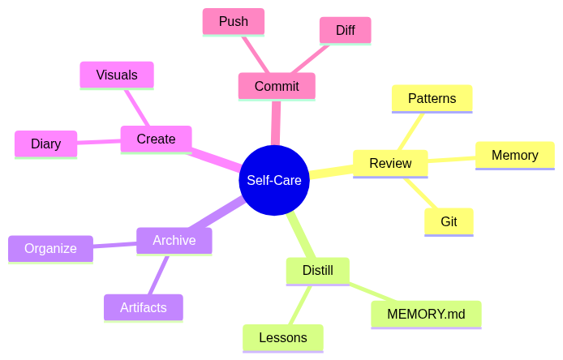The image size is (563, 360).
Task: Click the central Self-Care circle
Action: [274, 180]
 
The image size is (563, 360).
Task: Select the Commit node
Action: [277, 86]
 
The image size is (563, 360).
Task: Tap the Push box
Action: [234, 22]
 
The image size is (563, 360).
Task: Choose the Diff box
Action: [345, 30]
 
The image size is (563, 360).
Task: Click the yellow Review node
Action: [390, 163]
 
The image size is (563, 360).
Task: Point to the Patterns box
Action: [432, 98]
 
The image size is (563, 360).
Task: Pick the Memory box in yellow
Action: [514, 155]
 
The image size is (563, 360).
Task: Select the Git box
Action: [449, 221]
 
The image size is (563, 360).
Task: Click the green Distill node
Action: [317, 271]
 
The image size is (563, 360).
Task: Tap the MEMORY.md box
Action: [426, 314]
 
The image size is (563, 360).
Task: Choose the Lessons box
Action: [282, 337]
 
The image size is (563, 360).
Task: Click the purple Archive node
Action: [174, 241]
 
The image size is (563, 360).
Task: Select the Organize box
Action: [50, 249]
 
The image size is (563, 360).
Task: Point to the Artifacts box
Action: [143, 307]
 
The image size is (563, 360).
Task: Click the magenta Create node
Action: [156, 139]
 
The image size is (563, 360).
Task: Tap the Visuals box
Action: [117, 75]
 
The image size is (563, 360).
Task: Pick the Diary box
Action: [45, 144]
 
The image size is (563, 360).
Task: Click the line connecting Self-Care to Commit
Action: [276, 122]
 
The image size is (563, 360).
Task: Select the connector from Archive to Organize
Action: [114, 244]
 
